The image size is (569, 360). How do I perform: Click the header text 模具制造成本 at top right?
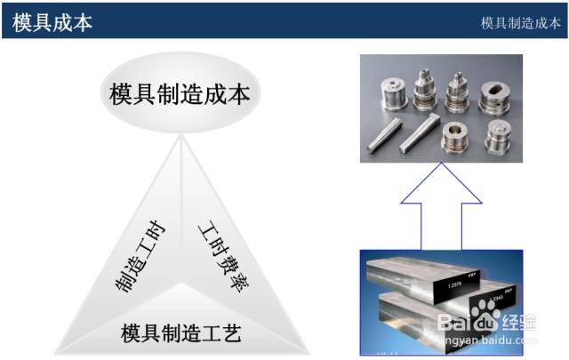tap(519, 22)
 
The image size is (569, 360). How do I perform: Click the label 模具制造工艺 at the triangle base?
tap(180, 333)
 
